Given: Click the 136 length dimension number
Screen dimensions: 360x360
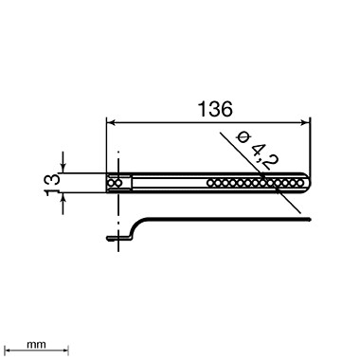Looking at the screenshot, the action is pyautogui.click(x=215, y=109).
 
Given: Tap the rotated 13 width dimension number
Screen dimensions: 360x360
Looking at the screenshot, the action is pyautogui.click(x=52, y=185).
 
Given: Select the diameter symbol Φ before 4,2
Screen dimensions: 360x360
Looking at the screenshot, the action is pyautogui.click(x=243, y=137).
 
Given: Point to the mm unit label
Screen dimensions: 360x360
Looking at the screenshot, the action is pyautogui.click(x=36, y=344).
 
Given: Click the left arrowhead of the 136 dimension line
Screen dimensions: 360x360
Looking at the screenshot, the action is pyautogui.click(x=110, y=122).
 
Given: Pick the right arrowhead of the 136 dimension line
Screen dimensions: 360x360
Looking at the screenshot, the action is pyautogui.click(x=305, y=122).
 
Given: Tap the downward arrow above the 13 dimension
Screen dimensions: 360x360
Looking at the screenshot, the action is pyautogui.click(x=63, y=163).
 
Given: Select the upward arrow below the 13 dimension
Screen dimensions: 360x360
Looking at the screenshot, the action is pyautogui.click(x=63, y=204).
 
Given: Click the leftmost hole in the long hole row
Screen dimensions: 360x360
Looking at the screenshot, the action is pyautogui.click(x=210, y=183).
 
